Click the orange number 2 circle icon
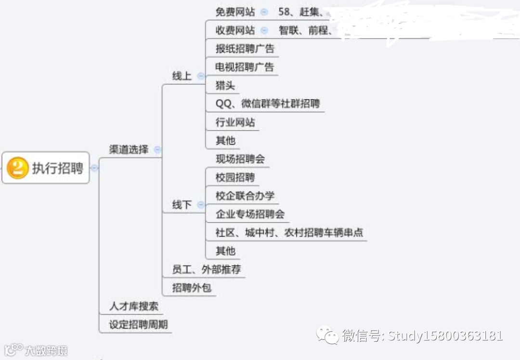(18, 168)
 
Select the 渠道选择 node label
(129, 149)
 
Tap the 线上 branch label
(182, 76)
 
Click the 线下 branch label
(182, 205)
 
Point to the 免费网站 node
(235, 12)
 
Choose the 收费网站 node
(235, 30)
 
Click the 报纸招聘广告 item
(245, 49)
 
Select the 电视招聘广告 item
(245, 67)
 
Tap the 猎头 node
(225, 86)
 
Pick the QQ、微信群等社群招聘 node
(268, 104)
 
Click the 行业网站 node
(235, 122)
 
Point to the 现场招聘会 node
(240, 159)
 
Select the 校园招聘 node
(235, 177)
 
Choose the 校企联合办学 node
(245, 196)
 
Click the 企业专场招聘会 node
(250, 214)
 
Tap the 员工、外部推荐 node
(206, 269)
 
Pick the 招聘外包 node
(192, 288)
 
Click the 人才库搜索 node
(133, 306)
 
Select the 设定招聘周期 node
(138, 324)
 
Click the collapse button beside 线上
(201, 76)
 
